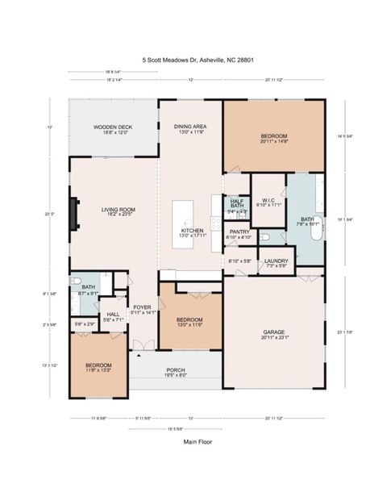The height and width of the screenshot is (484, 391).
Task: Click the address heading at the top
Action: [195, 60]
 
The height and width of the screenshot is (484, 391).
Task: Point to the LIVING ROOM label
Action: [118, 212]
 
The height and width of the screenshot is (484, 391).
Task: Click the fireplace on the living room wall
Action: [74, 213]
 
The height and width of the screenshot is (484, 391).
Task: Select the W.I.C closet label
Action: [268, 202]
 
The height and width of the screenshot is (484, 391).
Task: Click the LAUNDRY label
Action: [276, 262]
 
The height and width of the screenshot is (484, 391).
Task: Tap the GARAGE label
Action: [275, 332]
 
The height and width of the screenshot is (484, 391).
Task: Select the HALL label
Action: [113, 317]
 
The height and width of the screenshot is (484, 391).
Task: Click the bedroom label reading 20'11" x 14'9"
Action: [275, 139]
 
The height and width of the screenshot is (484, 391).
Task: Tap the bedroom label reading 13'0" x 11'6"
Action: [190, 321]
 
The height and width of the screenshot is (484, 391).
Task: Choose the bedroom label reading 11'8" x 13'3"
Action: [98, 368]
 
